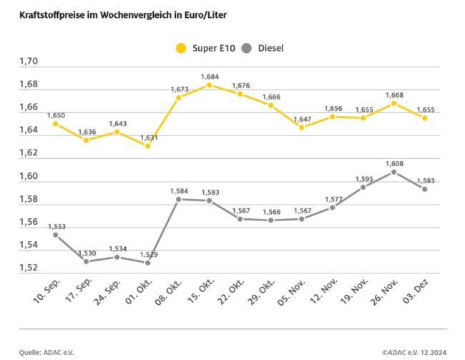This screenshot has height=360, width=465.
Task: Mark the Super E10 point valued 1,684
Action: [209, 85]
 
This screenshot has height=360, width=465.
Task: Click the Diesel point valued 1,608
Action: [393, 172]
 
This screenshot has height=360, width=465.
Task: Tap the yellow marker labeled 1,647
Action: [301, 127]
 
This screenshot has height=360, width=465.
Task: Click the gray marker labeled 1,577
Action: [332, 208]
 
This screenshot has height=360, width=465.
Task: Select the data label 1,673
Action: [179, 89]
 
